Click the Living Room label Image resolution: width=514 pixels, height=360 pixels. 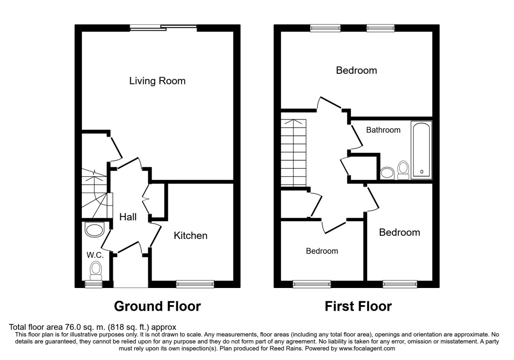157,81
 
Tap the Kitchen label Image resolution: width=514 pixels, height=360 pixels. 190,235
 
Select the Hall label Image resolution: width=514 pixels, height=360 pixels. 128,217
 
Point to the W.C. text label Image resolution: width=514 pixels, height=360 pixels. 95,255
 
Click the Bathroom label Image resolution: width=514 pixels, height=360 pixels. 383,130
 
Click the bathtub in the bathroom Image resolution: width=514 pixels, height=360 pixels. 421,150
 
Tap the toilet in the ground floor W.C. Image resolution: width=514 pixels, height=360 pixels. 96,270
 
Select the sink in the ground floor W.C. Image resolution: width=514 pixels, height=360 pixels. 95,230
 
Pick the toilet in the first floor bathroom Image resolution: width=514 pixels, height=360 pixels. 403,170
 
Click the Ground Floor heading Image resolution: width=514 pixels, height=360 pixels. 157,306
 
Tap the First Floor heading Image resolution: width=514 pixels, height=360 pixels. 358,306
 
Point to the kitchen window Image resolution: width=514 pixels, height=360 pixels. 195,283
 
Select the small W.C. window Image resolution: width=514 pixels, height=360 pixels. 91,283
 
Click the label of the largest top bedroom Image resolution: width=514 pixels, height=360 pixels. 356,70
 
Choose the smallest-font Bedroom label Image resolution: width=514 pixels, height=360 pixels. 322,251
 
